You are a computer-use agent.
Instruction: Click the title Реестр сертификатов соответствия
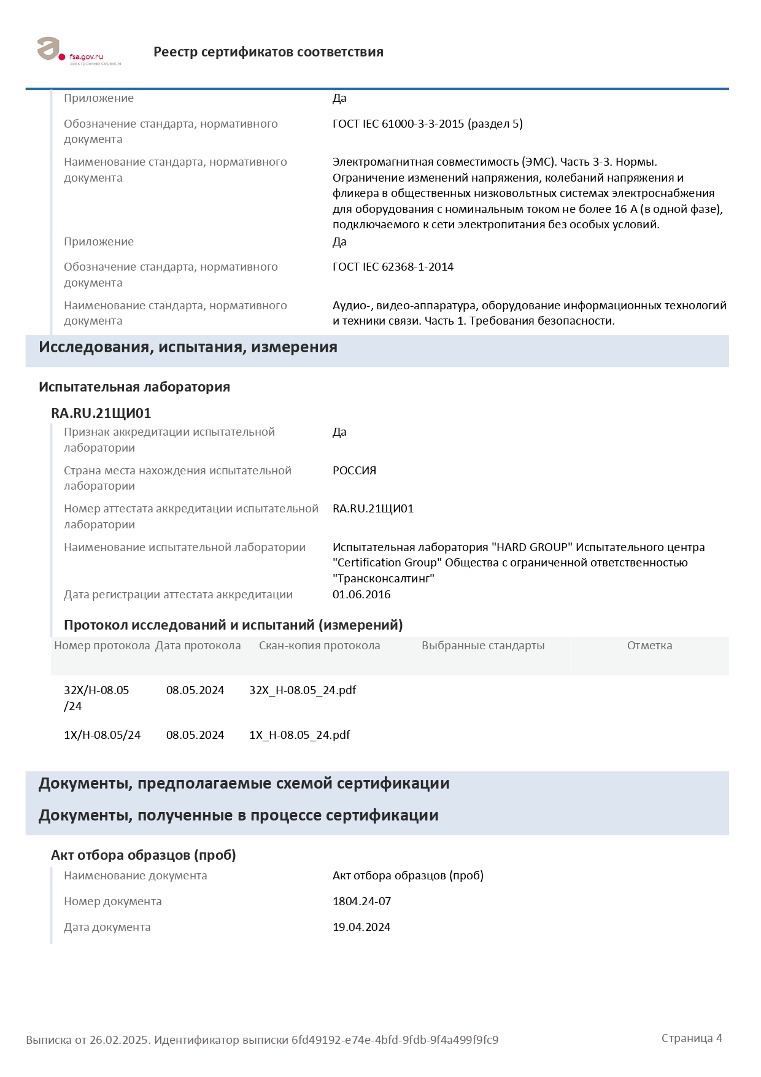[268, 52]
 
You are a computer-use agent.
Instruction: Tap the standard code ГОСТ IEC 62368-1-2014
[393, 267]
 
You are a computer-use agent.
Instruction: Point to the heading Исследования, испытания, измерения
[188, 347]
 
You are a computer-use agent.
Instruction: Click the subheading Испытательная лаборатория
[134, 387]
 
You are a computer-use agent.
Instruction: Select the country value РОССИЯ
[354, 471]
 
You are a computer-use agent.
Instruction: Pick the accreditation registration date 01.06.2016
[361, 595]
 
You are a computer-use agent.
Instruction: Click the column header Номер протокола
[102, 646]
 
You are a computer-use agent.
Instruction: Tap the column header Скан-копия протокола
[319, 646]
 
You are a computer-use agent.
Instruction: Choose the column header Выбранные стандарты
[483, 646]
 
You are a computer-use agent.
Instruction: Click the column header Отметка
[649, 646]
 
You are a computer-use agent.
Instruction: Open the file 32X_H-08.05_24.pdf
[303, 690]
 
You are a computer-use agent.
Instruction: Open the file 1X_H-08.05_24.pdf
[299, 735]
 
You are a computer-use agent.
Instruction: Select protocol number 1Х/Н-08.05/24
[102, 735]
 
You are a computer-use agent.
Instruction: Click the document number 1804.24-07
[361, 901]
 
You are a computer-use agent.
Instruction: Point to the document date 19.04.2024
[361, 927]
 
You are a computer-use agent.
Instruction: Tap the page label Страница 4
[692, 1038]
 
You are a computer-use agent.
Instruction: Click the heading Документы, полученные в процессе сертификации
[238, 816]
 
